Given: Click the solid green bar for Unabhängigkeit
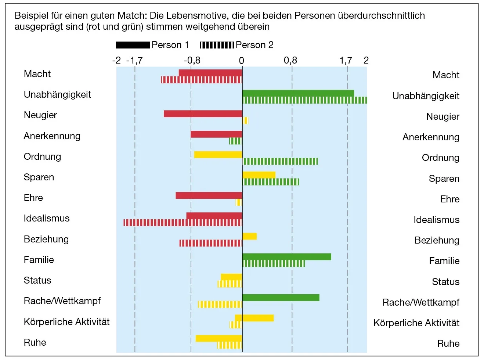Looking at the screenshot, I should [298, 93].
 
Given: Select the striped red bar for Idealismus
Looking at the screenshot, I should [183, 223].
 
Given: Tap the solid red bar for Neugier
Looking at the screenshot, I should [203, 114].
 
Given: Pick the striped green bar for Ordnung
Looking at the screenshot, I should [281, 161].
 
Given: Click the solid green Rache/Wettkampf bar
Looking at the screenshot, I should [281, 298].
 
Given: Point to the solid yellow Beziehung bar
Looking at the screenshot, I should [249, 236].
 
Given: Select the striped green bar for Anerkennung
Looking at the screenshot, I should [235, 141].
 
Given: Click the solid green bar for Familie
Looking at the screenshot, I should [286, 257].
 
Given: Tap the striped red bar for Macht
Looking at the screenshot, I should [201, 80].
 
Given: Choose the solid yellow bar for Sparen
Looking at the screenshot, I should [259, 175].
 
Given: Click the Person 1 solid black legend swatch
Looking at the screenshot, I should [133, 45].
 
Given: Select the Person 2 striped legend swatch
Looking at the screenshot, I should [217, 45].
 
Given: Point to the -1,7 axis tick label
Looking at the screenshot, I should [134, 61].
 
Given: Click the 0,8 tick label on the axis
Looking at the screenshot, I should [290, 61].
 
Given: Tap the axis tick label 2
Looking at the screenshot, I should [366, 61].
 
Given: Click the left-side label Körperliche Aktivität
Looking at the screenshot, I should [66, 322].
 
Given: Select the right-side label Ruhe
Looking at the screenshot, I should [448, 343].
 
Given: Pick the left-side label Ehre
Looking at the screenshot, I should [33, 198].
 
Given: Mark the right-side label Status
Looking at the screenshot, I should [445, 282].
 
